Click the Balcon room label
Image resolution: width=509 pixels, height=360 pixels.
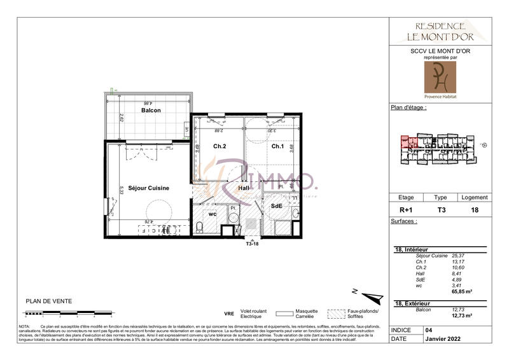[x=151, y=111]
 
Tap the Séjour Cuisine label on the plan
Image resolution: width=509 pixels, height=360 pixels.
[x=148, y=188]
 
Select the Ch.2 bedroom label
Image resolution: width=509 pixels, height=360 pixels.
[x=219, y=146]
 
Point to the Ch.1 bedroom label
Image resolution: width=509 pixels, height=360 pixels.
[x=277, y=146]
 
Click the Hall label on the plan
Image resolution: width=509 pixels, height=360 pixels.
[x=244, y=188]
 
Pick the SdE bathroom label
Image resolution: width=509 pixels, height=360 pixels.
[x=277, y=206]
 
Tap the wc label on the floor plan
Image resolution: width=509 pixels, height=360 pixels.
[x=213, y=214]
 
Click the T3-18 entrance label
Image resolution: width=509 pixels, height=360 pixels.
[x=253, y=244]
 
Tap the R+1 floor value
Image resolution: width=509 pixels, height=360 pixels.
[x=405, y=209]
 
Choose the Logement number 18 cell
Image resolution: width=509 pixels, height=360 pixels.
[x=474, y=209]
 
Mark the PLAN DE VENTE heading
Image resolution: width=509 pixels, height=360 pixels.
[x=48, y=301]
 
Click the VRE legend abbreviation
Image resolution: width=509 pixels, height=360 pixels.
[x=229, y=314]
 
